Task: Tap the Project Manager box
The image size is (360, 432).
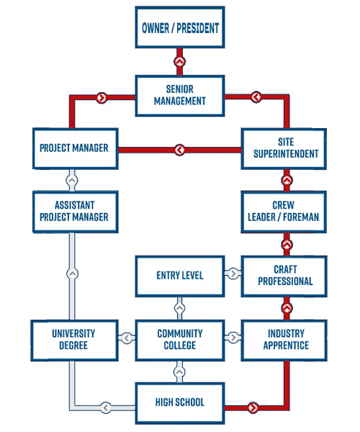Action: [x=75, y=148]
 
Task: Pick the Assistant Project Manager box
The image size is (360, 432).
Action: [x=75, y=211]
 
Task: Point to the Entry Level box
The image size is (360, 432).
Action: [x=180, y=275]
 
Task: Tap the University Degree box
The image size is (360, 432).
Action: [x=75, y=339]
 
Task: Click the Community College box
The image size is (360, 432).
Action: [x=180, y=339]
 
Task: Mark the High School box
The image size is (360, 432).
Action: [x=180, y=402]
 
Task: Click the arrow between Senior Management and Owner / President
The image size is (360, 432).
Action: [x=179, y=61]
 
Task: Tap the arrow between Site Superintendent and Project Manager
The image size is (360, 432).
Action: [x=179, y=150]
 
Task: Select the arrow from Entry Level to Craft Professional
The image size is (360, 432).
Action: [x=233, y=274]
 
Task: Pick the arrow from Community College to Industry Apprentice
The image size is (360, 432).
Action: [x=233, y=337]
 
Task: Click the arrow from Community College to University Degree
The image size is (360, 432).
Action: [x=127, y=338]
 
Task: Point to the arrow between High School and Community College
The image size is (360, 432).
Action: [x=179, y=374]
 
